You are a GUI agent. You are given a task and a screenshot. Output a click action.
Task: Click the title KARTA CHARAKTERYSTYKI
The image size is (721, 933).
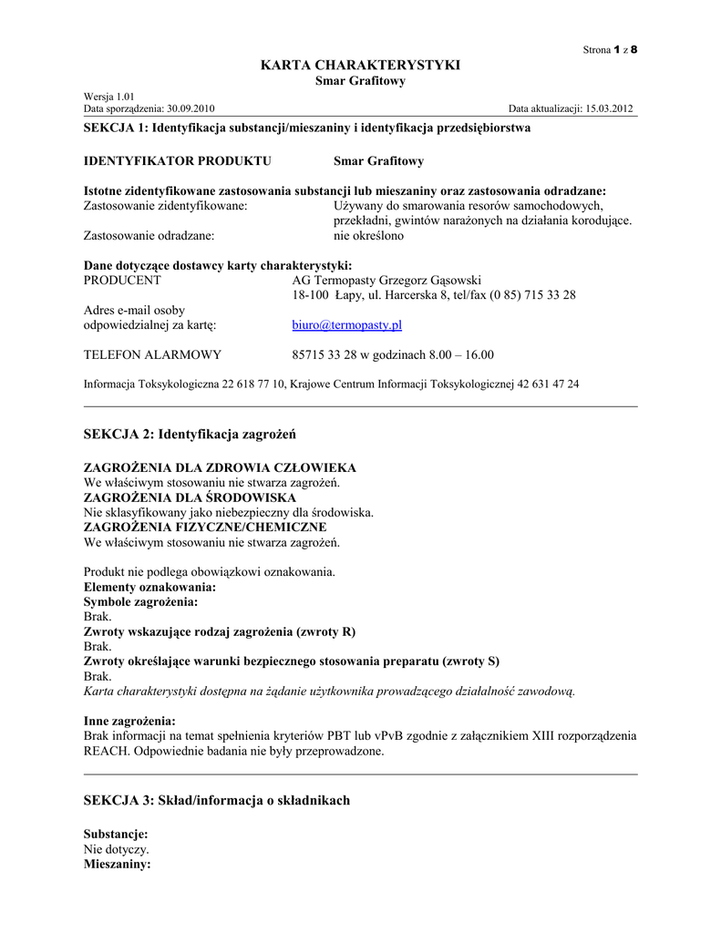(360, 65)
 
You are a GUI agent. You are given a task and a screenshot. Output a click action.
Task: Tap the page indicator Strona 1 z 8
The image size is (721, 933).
(610, 49)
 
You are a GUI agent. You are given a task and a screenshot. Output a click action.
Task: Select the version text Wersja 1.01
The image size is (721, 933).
(109, 96)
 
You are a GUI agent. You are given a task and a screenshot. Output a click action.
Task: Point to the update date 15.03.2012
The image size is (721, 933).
(610, 108)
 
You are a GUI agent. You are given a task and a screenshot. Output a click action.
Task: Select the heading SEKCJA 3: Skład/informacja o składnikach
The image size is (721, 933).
(216, 800)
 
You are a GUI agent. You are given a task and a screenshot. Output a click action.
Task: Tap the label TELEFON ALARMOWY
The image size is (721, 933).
(152, 354)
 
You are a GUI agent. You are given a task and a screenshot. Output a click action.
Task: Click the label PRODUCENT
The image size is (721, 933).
(122, 280)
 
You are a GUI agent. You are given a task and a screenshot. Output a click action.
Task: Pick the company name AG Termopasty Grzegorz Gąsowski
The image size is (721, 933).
(386, 280)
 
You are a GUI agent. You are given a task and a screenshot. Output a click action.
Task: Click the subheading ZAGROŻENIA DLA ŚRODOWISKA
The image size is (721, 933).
(190, 497)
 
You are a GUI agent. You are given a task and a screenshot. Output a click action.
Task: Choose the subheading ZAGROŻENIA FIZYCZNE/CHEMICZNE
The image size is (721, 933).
(205, 527)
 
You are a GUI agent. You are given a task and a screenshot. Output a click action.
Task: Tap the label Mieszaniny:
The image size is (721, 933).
(117, 863)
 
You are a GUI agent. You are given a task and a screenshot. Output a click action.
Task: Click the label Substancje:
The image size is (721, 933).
(116, 834)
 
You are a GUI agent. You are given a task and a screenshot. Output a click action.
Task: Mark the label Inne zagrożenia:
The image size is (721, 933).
(129, 721)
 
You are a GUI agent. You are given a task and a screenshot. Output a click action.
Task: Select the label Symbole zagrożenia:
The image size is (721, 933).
(140, 602)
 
